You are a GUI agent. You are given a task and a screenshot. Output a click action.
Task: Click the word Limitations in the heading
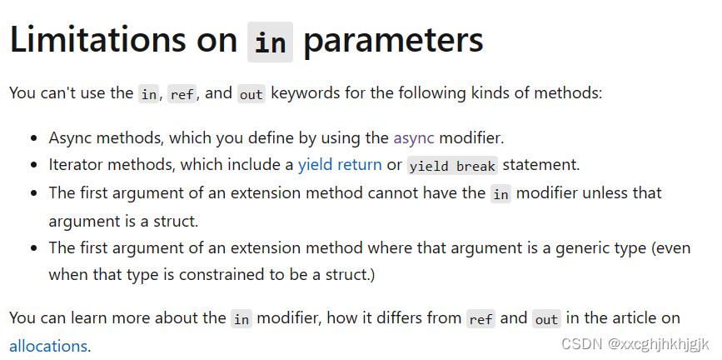[123, 41]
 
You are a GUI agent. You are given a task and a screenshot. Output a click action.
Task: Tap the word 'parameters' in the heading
[393, 41]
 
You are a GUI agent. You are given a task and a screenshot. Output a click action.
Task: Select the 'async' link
[414, 137]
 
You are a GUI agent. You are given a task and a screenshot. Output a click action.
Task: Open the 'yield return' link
[340, 165]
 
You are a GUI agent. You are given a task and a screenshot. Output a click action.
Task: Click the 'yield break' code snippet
[452, 165]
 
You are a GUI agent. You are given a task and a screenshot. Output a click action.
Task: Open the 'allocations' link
[48, 346]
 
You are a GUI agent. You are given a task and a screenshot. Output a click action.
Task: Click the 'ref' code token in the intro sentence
[182, 94]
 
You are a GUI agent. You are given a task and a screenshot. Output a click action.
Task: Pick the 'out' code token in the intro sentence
[251, 94]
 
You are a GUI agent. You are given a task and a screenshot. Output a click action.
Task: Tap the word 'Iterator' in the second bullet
[76, 165]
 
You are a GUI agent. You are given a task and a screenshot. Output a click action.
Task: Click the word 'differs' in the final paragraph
[396, 317]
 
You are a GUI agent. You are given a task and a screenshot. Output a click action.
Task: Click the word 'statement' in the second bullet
[540, 165]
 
